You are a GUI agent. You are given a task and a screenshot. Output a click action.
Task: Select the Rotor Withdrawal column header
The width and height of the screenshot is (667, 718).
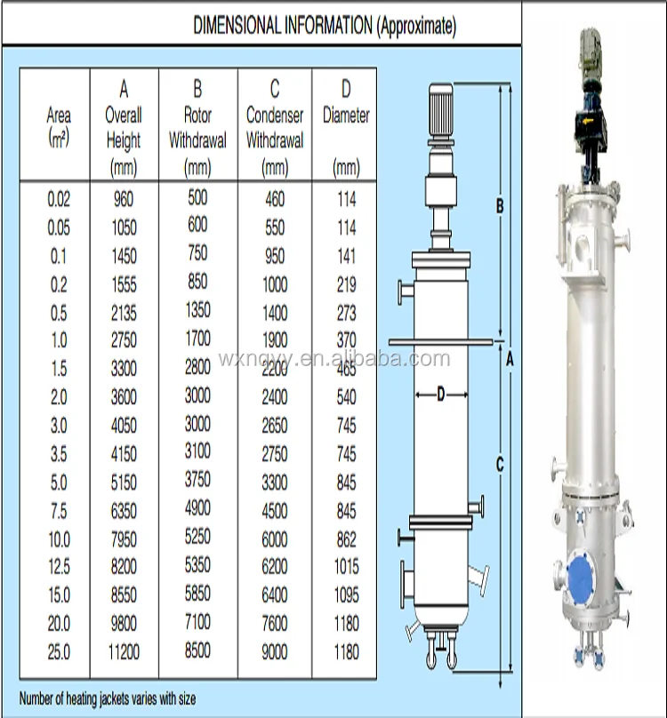coord(197,127)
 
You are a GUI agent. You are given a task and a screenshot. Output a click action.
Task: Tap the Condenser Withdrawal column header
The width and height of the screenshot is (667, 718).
coord(275,127)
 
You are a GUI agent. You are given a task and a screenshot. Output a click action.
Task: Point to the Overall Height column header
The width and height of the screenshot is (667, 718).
coord(124,127)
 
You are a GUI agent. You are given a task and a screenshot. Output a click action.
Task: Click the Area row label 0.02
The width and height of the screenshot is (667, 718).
coord(59,200)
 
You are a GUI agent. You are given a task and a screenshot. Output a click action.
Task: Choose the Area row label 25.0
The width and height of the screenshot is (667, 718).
coord(59,652)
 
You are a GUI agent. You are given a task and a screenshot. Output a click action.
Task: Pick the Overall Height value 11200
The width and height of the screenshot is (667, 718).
coord(124,652)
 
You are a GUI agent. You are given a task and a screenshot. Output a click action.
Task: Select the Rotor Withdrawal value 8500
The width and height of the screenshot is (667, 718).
coord(197,650)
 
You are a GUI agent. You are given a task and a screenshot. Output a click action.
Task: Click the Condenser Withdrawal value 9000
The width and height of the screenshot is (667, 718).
coord(275,652)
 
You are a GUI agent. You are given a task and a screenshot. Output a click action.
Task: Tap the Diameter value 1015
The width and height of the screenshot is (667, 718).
coord(346,567)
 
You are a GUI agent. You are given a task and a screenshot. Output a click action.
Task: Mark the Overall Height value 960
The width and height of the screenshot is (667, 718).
coord(124,200)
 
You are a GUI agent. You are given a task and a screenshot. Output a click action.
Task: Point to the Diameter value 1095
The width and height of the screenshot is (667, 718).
coord(346,595)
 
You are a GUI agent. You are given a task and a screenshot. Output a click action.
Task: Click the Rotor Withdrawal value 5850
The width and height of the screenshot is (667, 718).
coord(197,594)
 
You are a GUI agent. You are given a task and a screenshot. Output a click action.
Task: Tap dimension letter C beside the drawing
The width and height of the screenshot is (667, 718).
coord(500,464)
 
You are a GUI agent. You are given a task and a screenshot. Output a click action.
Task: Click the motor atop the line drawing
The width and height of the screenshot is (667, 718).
coord(441,108)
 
